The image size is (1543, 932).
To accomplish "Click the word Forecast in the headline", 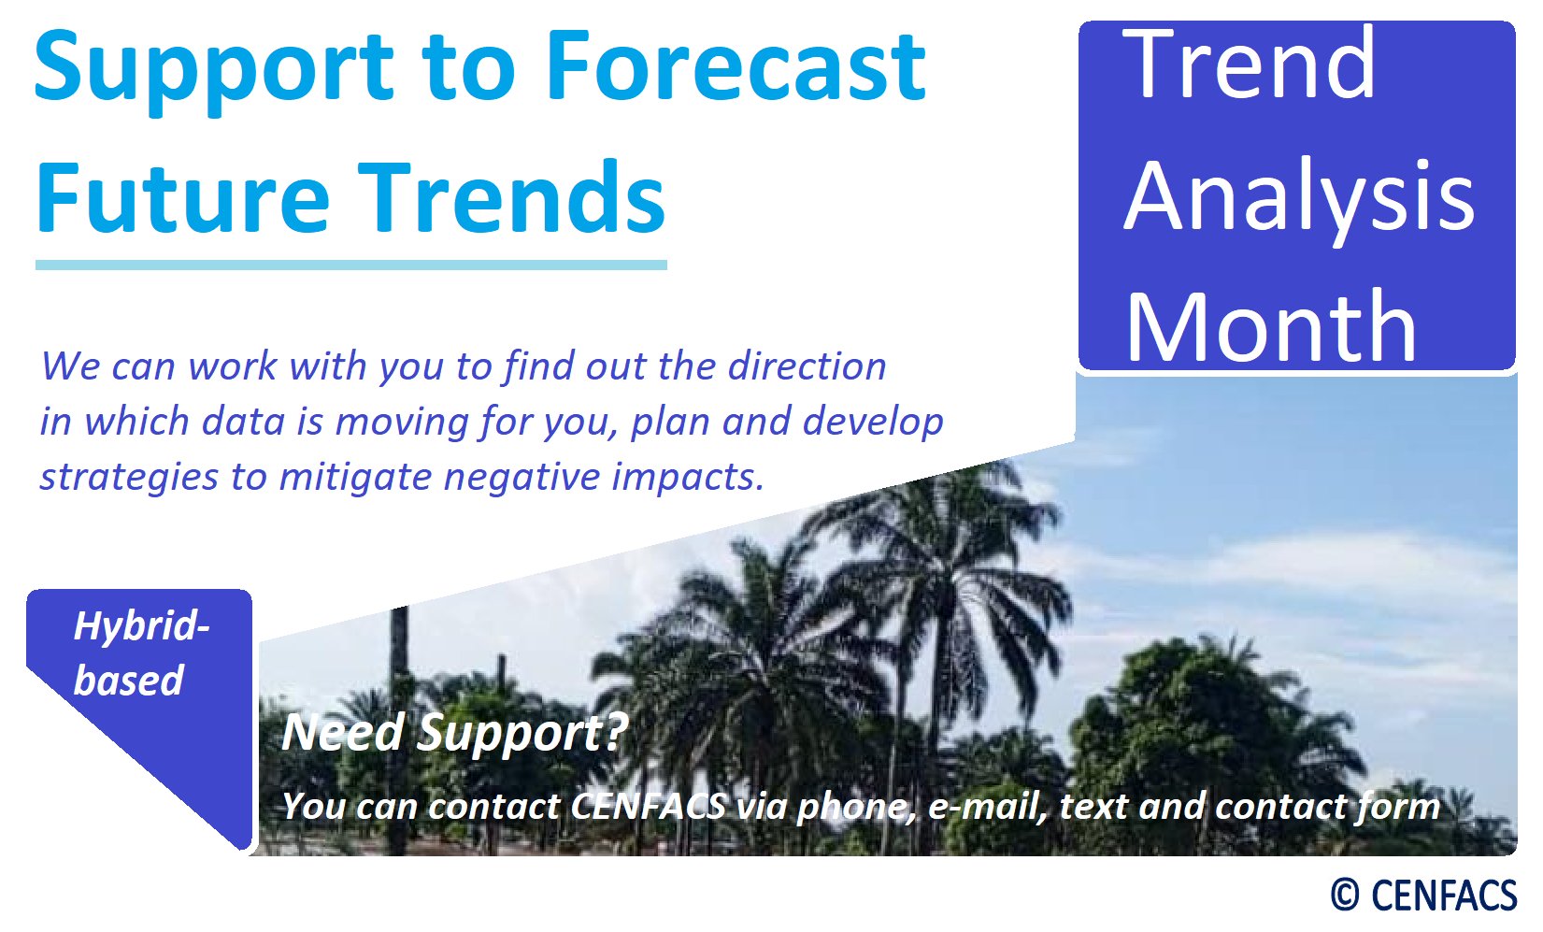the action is click(x=736, y=66).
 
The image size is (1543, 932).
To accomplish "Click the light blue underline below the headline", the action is click(x=351, y=265).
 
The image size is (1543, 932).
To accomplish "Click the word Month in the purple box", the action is click(x=1271, y=326).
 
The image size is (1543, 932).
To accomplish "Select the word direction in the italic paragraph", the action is click(x=807, y=366).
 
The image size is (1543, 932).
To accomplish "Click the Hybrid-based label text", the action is click(x=140, y=653).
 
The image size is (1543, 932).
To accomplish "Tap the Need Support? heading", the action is click(x=455, y=733).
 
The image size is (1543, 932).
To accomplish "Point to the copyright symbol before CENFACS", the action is click(x=1345, y=896).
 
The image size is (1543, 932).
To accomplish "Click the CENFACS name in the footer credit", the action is click(x=1444, y=896).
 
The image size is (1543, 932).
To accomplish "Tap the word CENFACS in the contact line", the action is click(x=649, y=807).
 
